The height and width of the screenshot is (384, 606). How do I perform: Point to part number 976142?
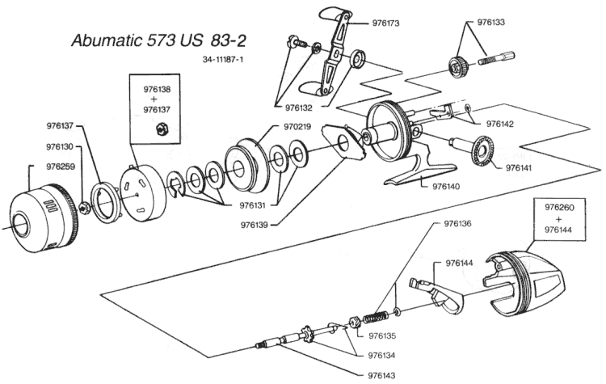503,124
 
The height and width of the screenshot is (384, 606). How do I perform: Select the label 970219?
301,127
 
